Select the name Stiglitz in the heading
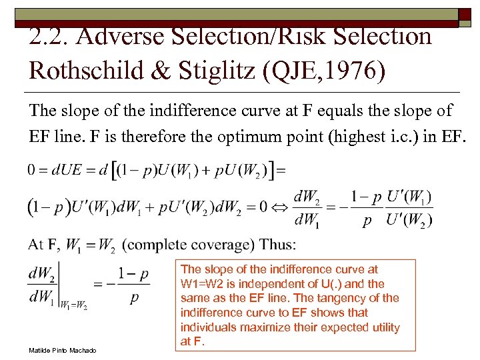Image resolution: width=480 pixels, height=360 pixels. tap(207, 69)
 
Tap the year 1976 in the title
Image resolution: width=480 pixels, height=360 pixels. tap(351, 69)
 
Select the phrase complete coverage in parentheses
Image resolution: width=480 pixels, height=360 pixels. tap(187, 244)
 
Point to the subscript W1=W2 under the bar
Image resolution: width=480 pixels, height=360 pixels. tap(73, 306)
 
